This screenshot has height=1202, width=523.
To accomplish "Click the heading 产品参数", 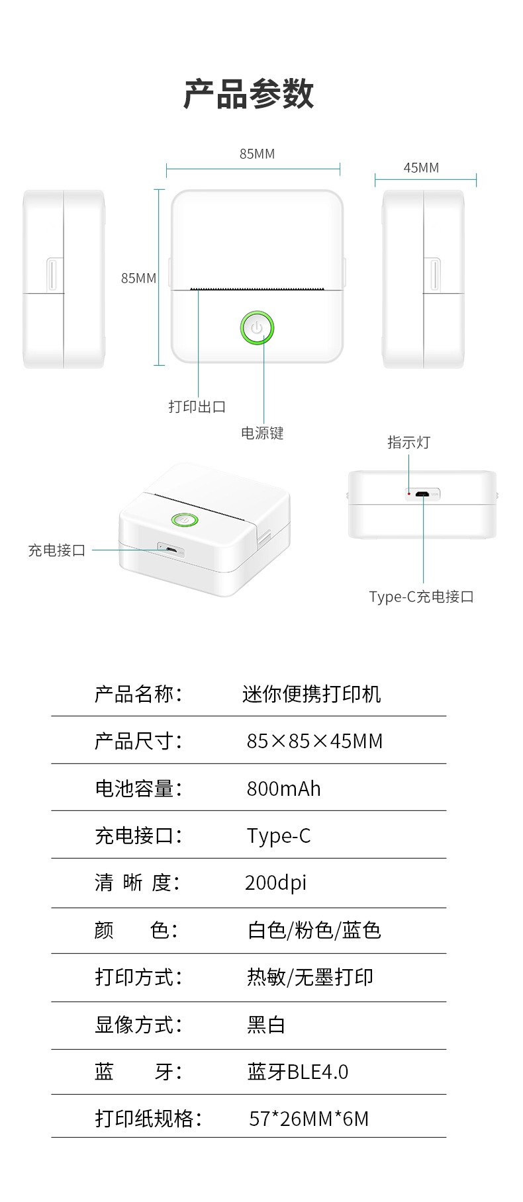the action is tap(248, 94).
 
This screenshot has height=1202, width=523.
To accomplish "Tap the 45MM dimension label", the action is tap(421, 168).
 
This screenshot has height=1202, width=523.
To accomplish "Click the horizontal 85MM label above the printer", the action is tap(257, 154).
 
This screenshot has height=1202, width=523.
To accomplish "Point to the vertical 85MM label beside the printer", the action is tap(138, 279).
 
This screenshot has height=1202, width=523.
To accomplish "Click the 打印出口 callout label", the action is tap(197, 407).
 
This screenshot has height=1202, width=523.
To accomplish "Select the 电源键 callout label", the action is tap(262, 433).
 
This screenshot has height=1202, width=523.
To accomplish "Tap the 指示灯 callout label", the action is tap(408, 443).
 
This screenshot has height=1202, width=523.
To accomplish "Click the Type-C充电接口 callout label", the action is tap(421, 597).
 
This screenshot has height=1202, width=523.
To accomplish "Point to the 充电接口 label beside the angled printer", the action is tap(57, 550).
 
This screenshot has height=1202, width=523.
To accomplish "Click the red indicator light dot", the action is tap(409, 494).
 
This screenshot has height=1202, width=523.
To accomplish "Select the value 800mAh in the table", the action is tap(283, 789).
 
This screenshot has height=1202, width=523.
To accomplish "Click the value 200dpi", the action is tap(275, 882).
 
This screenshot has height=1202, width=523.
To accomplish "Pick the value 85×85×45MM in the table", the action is tap(314, 741).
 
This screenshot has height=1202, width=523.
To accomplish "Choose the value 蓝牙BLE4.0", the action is tap(297, 1072).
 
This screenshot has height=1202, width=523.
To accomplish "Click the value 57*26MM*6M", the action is tap(309, 1119).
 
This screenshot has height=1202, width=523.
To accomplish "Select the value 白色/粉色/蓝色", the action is tap(314, 930).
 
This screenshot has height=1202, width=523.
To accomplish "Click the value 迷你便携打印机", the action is tap(311, 694).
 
